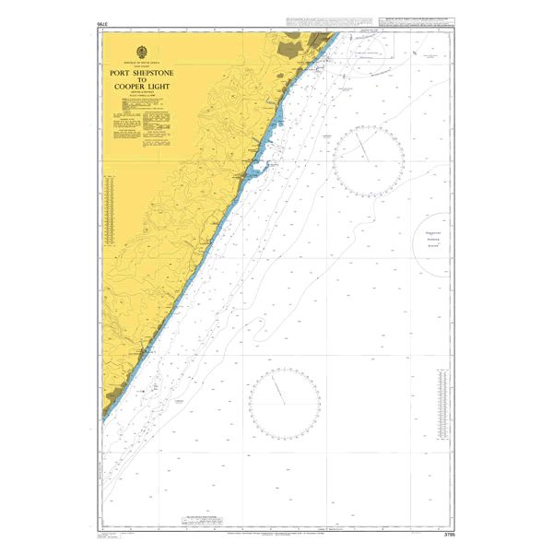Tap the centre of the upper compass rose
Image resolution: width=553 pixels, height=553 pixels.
pyautogui.click(x=368, y=159)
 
